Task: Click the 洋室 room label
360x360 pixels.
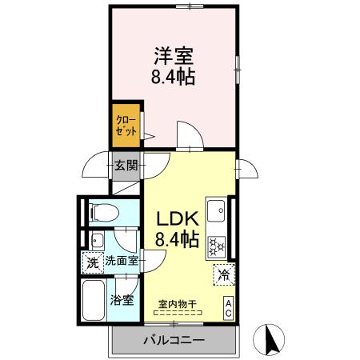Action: [x=174, y=58]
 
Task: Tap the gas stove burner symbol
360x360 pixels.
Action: [x=218, y=246]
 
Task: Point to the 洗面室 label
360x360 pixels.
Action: [x=122, y=261]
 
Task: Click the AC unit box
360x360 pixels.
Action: [x=229, y=307]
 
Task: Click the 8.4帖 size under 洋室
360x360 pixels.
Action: [x=174, y=78]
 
